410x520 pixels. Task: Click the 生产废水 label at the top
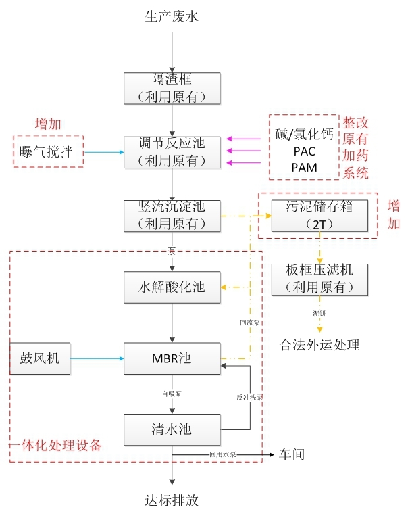coord(172,16)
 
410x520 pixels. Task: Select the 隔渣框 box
coord(172,88)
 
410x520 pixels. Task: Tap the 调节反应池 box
coord(172,152)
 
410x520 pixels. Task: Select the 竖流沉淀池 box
coord(172,214)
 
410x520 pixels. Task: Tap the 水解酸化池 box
coord(172,288)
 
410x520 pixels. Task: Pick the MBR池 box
coord(172,358)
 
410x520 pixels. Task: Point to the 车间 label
coord(292,454)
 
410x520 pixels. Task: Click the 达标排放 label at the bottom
coord(172,501)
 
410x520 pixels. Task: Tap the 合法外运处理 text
coord(319,345)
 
